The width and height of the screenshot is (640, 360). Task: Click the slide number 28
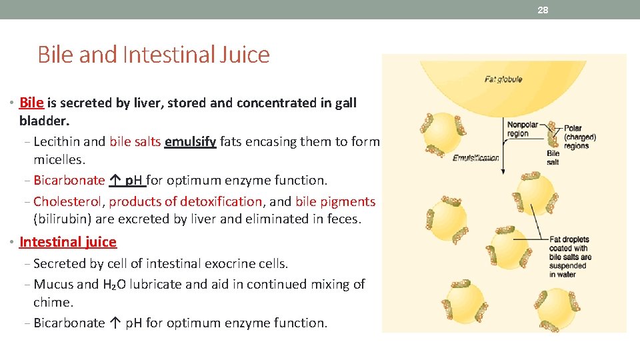coord(543,10)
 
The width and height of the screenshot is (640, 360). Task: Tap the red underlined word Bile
coord(31,103)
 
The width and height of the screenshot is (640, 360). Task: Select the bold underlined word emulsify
coord(190,141)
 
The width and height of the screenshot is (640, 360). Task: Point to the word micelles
coord(59,159)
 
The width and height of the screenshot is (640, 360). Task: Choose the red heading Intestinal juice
coord(68,242)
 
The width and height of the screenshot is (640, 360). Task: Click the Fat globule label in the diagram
coord(503,79)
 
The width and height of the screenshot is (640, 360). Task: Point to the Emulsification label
coord(476,158)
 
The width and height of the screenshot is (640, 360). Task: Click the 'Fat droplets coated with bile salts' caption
coord(568,257)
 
